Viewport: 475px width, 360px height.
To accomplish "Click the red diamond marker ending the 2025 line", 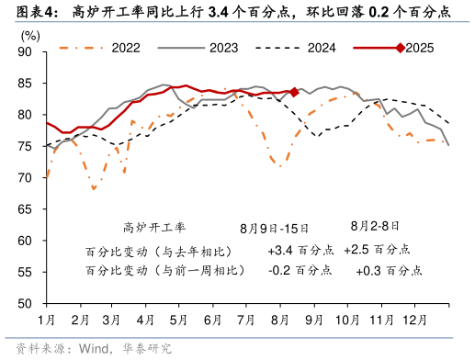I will tap(294, 92).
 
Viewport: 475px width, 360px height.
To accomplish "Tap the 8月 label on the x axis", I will tap(280, 319).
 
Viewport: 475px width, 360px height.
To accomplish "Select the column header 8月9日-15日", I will tap(275, 227).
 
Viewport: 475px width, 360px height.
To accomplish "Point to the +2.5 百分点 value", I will tap(378, 250).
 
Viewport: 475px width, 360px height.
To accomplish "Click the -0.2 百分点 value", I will tap(300, 271).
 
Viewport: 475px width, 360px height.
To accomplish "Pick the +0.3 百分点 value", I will tap(389, 271).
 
